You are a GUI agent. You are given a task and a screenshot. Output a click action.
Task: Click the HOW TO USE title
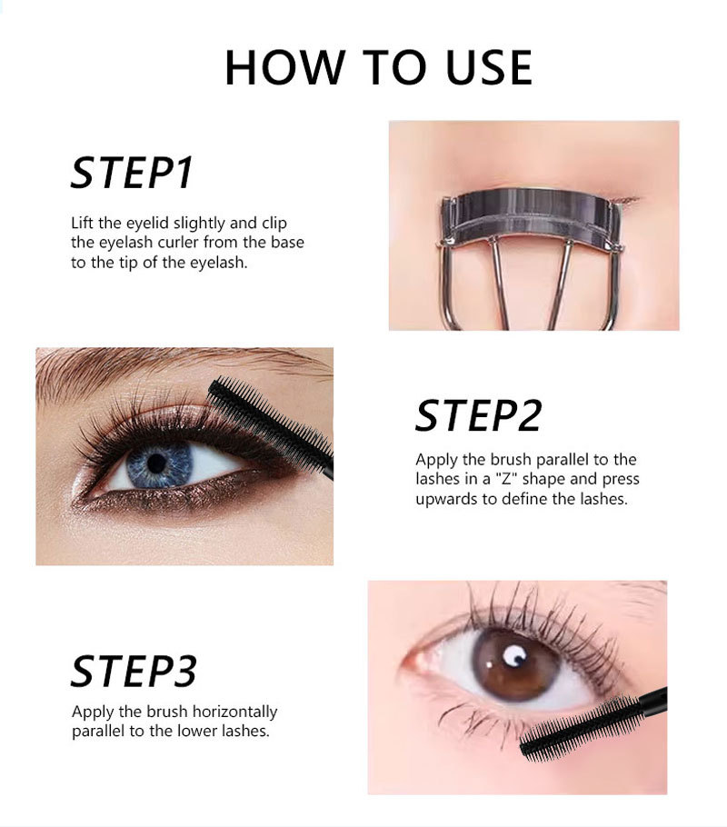pyautogui.click(x=378, y=67)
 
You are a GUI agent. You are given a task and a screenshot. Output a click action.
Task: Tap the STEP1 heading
pyautogui.click(x=132, y=173)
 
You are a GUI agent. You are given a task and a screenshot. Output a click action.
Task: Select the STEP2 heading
pyautogui.click(x=479, y=415)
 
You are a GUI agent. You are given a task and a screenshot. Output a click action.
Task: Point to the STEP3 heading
pyautogui.click(x=134, y=671)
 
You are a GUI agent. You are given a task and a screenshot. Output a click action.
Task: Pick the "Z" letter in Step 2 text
pyautogui.click(x=507, y=479)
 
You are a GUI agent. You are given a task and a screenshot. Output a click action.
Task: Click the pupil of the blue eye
pyautogui.click(x=156, y=463)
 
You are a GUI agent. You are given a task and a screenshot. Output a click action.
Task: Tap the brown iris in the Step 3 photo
pyautogui.click(x=514, y=663)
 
